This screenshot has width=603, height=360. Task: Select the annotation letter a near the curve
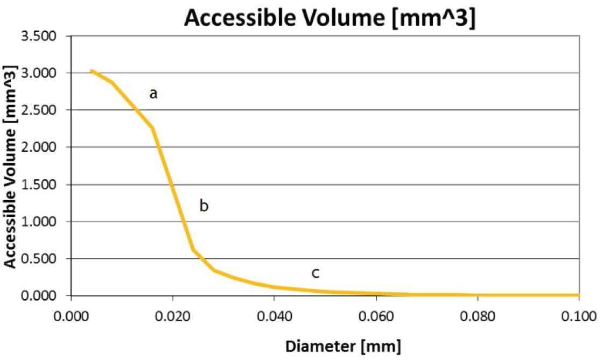click(153, 94)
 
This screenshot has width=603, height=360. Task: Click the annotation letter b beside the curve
click(204, 206)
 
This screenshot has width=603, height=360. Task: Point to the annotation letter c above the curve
click(315, 273)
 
